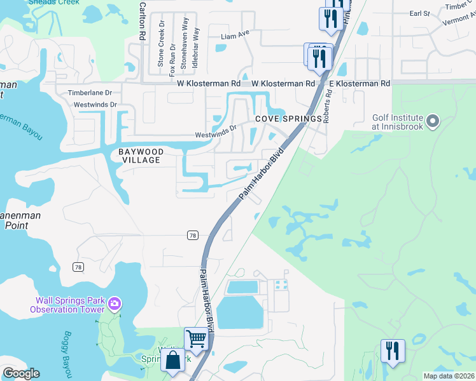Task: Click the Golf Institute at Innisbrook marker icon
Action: point(433,121)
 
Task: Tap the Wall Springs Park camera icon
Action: point(115,304)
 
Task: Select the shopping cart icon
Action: point(197,338)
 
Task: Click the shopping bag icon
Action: point(173,360)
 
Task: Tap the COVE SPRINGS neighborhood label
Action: point(281,119)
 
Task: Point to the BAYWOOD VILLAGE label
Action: point(141,156)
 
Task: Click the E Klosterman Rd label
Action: point(359,84)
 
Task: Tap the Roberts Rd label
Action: point(327,105)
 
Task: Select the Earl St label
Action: point(420,13)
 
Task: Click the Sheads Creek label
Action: point(57,3)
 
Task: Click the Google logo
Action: point(21,373)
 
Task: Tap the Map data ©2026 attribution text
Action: point(448,376)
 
